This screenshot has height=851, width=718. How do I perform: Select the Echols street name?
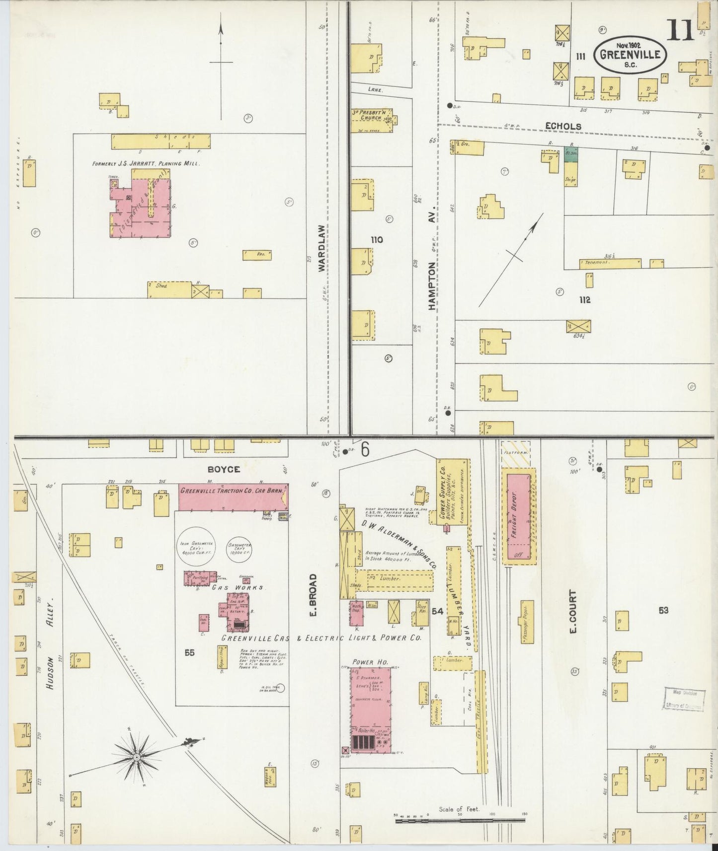pyautogui.click(x=563, y=126)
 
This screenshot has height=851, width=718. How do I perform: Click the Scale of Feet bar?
pyautogui.click(x=460, y=821)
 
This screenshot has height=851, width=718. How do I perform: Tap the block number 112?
pyautogui.click(x=584, y=300)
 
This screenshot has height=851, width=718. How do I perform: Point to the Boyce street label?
pyautogui.click(x=224, y=469)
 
